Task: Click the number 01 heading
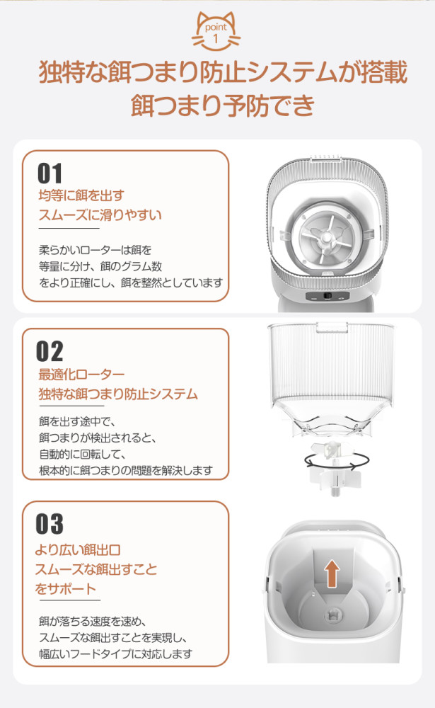point(50,173)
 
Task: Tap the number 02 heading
point(50,351)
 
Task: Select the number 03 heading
point(50,524)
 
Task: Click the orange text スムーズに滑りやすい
point(100,215)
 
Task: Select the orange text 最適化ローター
point(81,375)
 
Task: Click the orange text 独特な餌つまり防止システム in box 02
point(118,394)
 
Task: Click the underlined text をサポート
point(65,588)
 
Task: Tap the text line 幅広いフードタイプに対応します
point(115,654)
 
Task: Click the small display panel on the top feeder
point(328,297)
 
